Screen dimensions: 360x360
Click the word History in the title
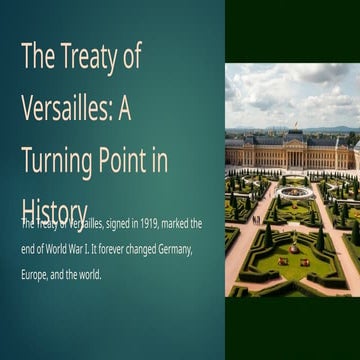(x=54, y=210)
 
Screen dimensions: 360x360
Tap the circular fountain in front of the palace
(x=295, y=190)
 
